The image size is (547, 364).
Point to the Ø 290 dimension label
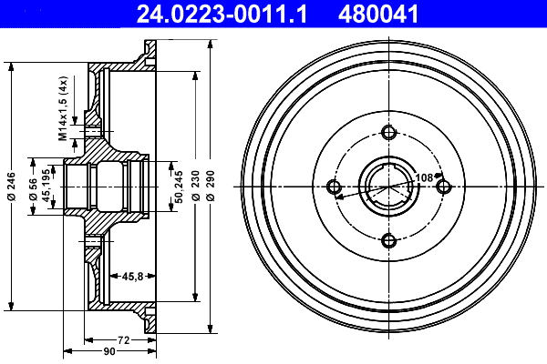212,186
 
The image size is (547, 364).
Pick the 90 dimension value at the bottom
108,351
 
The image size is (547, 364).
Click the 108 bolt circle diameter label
424,177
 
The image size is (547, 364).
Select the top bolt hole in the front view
389,133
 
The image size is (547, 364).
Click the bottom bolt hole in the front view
389,240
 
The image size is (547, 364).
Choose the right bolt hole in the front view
443,187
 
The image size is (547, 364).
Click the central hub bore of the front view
389,187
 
